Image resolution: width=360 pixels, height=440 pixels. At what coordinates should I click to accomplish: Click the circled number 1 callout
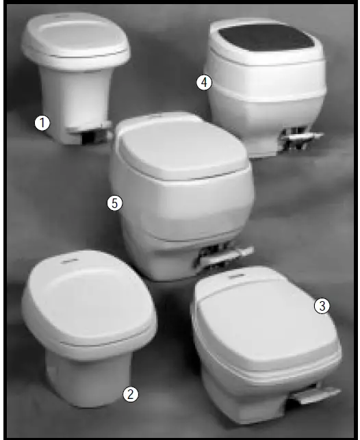[x=42, y=123]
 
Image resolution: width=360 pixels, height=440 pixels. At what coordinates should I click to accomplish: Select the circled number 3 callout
[x=322, y=306]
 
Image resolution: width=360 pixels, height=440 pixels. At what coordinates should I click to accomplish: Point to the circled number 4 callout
[x=204, y=83]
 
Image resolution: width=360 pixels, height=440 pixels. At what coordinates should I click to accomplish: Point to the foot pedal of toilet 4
[x=301, y=140]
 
